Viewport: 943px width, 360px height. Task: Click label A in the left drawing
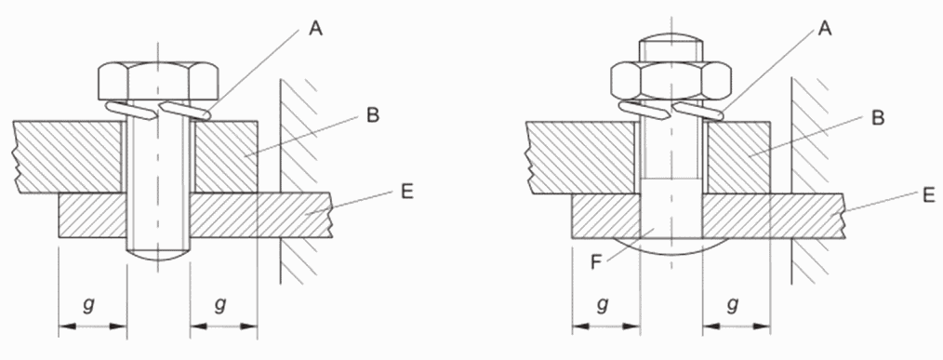click(x=315, y=28)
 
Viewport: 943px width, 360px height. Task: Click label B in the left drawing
click(x=373, y=115)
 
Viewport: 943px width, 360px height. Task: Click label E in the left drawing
click(x=407, y=192)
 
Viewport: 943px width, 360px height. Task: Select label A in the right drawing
click(x=825, y=28)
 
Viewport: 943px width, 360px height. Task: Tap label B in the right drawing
click(x=878, y=118)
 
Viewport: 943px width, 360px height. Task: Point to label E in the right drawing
click(x=928, y=194)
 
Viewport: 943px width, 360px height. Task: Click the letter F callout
click(x=595, y=263)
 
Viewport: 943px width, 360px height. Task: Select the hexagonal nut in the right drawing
click(x=671, y=80)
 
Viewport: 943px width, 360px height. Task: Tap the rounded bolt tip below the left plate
click(x=158, y=252)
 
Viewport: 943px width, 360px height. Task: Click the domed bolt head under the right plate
click(x=671, y=245)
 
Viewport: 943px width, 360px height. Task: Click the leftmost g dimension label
click(x=89, y=304)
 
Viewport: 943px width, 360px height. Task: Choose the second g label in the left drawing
click(x=220, y=304)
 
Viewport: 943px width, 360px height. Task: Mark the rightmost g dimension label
click(x=733, y=304)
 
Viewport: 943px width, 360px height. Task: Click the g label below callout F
click(x=602, y=304)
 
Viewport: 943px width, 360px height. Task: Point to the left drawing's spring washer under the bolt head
click(x=158, y=110)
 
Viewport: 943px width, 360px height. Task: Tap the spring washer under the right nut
click(x=671, y=110)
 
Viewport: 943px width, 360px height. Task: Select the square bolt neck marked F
click(x=671, y=207)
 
